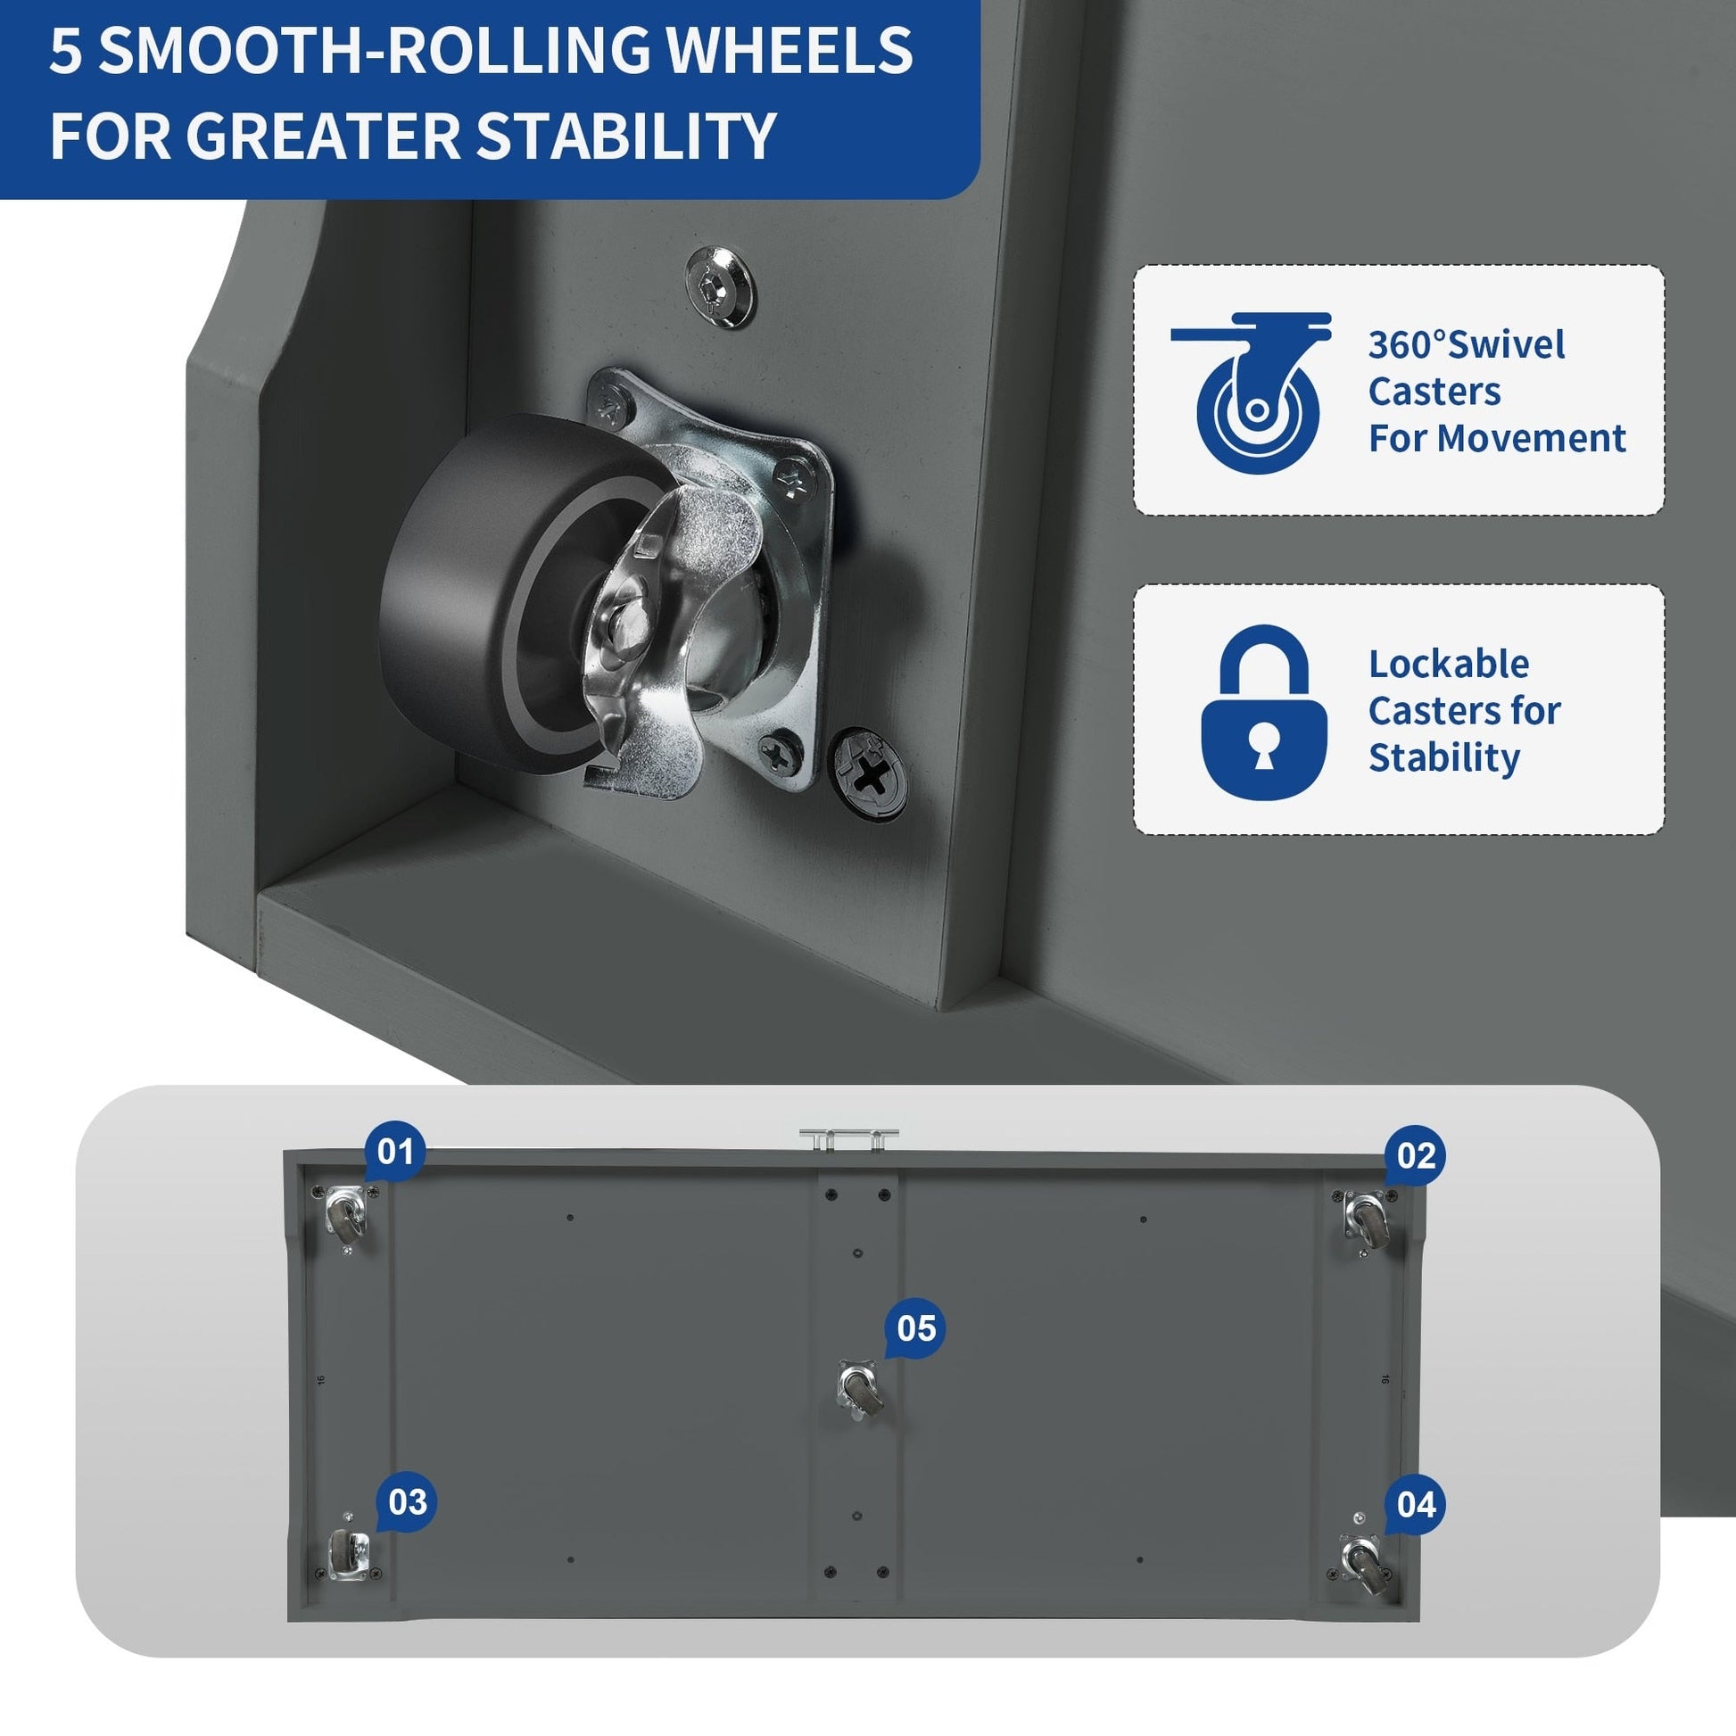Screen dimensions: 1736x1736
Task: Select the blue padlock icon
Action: (x=1264, y=712)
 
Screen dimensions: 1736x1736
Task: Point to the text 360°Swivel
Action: (x=1467, y=345)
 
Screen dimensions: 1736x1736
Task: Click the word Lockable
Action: (x=1449, y=665)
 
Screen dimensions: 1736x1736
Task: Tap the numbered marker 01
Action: (x=394, y=1153)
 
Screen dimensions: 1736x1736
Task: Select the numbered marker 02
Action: (x=1415, y=1156)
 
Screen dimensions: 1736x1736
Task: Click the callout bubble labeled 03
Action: (x=406, y=1501)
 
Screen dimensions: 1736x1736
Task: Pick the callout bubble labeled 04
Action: (x=1415, y=1505)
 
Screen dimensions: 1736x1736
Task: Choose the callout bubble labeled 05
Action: (x=914, y=1329)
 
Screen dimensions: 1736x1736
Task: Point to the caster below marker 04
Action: (x=1363, y=1565)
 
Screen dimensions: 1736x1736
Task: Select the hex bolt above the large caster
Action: (x=720, y=286)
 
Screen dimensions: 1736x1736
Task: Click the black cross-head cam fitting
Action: (x=867, y=773)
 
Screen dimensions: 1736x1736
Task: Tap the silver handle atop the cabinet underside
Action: (x=849, y=1138)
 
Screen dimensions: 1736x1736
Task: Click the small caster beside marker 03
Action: (x=346, y=1554)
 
